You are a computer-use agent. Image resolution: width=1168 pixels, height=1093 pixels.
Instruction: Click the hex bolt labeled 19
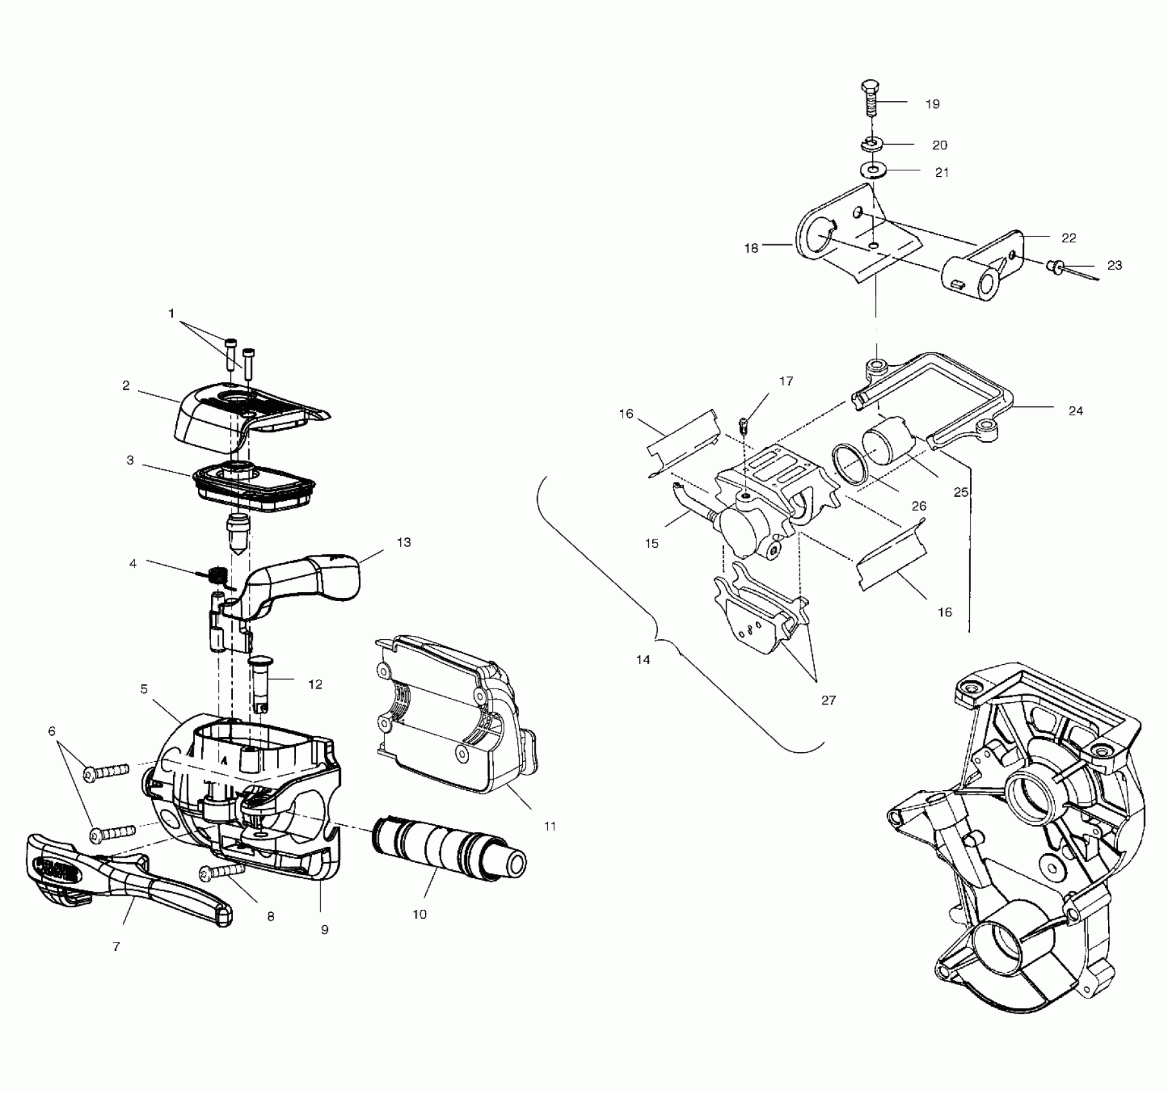(869, 97)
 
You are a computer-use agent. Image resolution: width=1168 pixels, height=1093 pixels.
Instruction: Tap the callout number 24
(1075, 410)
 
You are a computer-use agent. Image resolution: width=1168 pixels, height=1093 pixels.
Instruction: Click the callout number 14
(643, 659)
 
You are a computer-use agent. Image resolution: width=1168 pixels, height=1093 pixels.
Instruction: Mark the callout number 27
(828, 700)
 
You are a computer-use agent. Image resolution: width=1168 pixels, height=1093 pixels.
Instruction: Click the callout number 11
(549, 826)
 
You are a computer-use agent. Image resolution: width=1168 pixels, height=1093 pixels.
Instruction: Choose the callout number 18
(751, 248)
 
